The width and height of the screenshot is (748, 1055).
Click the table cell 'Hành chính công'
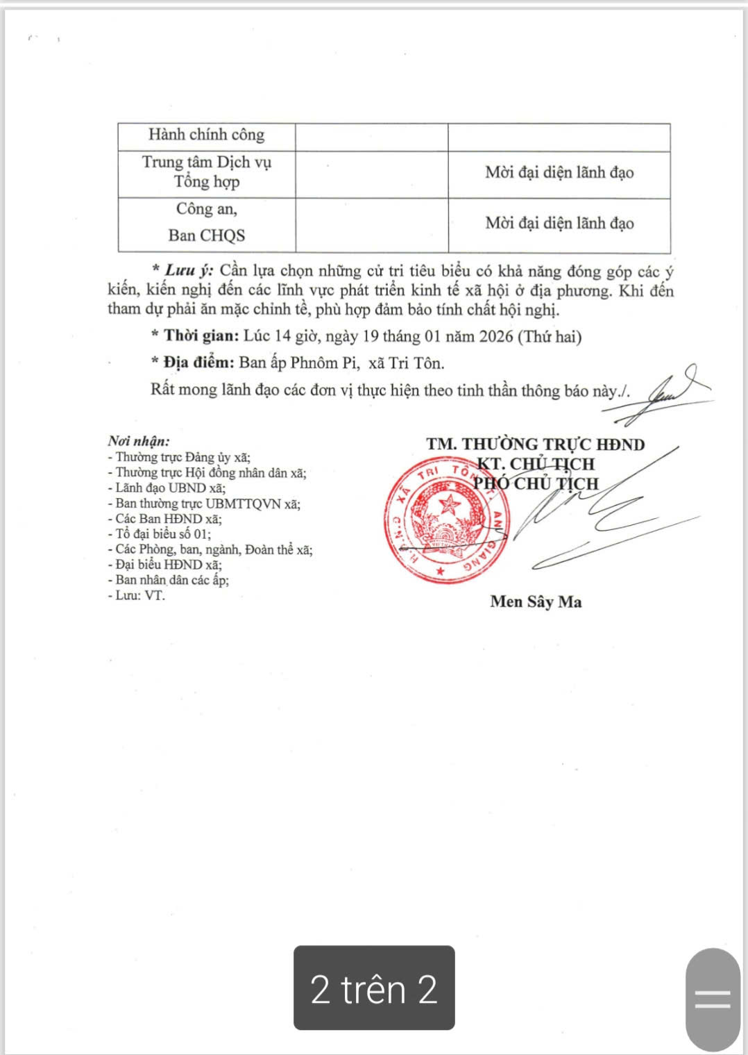[x=206, y=135]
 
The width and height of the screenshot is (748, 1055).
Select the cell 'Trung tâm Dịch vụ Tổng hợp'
[x=206, y=172]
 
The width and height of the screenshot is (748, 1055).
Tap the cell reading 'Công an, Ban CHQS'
[x=206, y=222]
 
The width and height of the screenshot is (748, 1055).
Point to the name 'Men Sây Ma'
[x=536, y=601]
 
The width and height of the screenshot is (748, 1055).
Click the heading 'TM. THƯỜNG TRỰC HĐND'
[x=535, y=445]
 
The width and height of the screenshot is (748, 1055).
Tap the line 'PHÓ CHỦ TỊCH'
[x=535, y=483]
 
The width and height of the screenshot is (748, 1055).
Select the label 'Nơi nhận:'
[x=139, y=441]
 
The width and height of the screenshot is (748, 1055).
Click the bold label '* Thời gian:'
[x=195, y=337]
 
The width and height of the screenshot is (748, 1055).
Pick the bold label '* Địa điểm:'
[x=192, y=363]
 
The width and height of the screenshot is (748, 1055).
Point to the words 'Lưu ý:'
[x=189, y=271]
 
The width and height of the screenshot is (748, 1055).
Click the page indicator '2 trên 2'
[x=374, y=988]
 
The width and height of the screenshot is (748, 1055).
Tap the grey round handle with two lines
[x=713, y=999]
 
